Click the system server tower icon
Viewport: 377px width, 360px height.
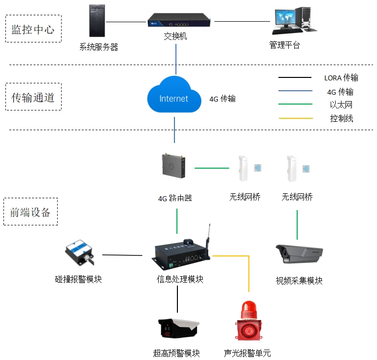coord(97,21)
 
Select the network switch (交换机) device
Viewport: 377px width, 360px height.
coord(179,20)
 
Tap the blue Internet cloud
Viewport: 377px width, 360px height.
coord(174,95)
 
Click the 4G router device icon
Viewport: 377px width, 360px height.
coord(174,166)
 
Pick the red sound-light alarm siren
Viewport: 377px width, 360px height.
coord(248,320)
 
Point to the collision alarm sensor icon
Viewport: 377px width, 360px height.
coord(79,252)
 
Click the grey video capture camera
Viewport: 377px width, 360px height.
coord(299,254)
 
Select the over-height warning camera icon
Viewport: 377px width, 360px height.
coord(178,328)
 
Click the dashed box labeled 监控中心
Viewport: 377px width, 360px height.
coord(34,29)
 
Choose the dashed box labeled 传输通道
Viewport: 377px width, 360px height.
coord(34,97)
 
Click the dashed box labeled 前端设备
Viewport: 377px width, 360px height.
coord(31,212)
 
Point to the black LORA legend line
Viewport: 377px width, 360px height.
coord(295,77)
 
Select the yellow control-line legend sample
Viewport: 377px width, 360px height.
coord(296,118)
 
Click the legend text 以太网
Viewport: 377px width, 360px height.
coord(341,105)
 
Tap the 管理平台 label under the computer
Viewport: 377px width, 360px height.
coord(284,45)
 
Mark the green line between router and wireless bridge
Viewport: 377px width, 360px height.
coord(212,168)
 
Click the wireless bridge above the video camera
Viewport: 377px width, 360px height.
coord(292,169)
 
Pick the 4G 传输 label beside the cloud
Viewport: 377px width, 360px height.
coord(222,99)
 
